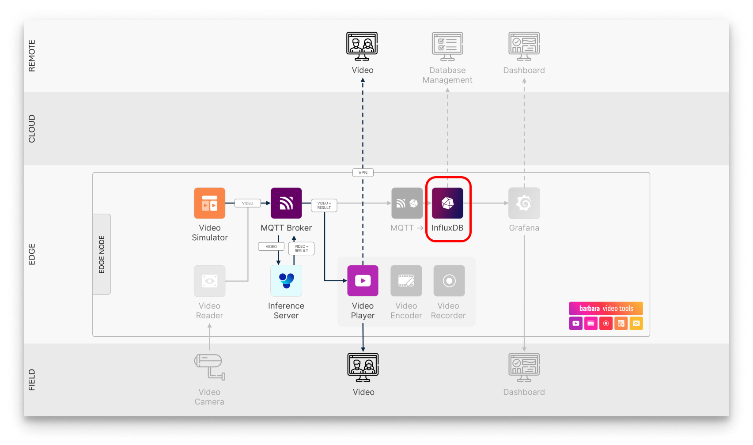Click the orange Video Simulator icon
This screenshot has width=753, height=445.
pyautogui.click(x=209, y=203)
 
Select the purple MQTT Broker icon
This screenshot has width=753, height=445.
pyautogui.click(x=286, y=203)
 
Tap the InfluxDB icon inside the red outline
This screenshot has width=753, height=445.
pyautogui.click(x=447, y=203)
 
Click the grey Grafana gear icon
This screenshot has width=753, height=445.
pyautogui.click(x=524, y=203)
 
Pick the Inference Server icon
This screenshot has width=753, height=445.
pyautogui.click(x=286, y=281)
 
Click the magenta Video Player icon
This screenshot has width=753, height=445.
pyautogui.click(x=363, y=281)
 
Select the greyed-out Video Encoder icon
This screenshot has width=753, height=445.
pyautogui.click(x=406, y=281)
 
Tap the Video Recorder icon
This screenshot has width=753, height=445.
pyautogui.click(x=449, y=281)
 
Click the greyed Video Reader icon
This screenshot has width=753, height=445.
pyautogui.click(x=209, y=281)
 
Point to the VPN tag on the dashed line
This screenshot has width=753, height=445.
pyautogui.click(x=363, y=173)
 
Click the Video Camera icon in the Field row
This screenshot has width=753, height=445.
pyautogui.click(x=209, y=367)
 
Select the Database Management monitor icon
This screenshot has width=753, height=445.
pyautogui.click(x=447, y=46)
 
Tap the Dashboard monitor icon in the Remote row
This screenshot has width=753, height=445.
pyautogui.click(x=524, y=46)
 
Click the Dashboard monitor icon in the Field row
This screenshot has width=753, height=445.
pyautogui.click(x=524, y=367)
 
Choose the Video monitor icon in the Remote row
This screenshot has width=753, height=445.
pyautogui.click(x=362, y=46)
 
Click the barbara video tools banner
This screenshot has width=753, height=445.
pyautogui.click(x=605, y=308)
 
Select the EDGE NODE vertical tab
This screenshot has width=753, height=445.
pyautogui.click(x=102, y=254)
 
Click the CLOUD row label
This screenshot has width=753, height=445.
pyautogui.click(x=32, y=128)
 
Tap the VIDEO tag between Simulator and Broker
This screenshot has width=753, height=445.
pyautogui.click(x=247, y=203)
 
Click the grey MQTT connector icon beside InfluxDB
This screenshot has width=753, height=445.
pyautogui.click(x=407, y=203)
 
